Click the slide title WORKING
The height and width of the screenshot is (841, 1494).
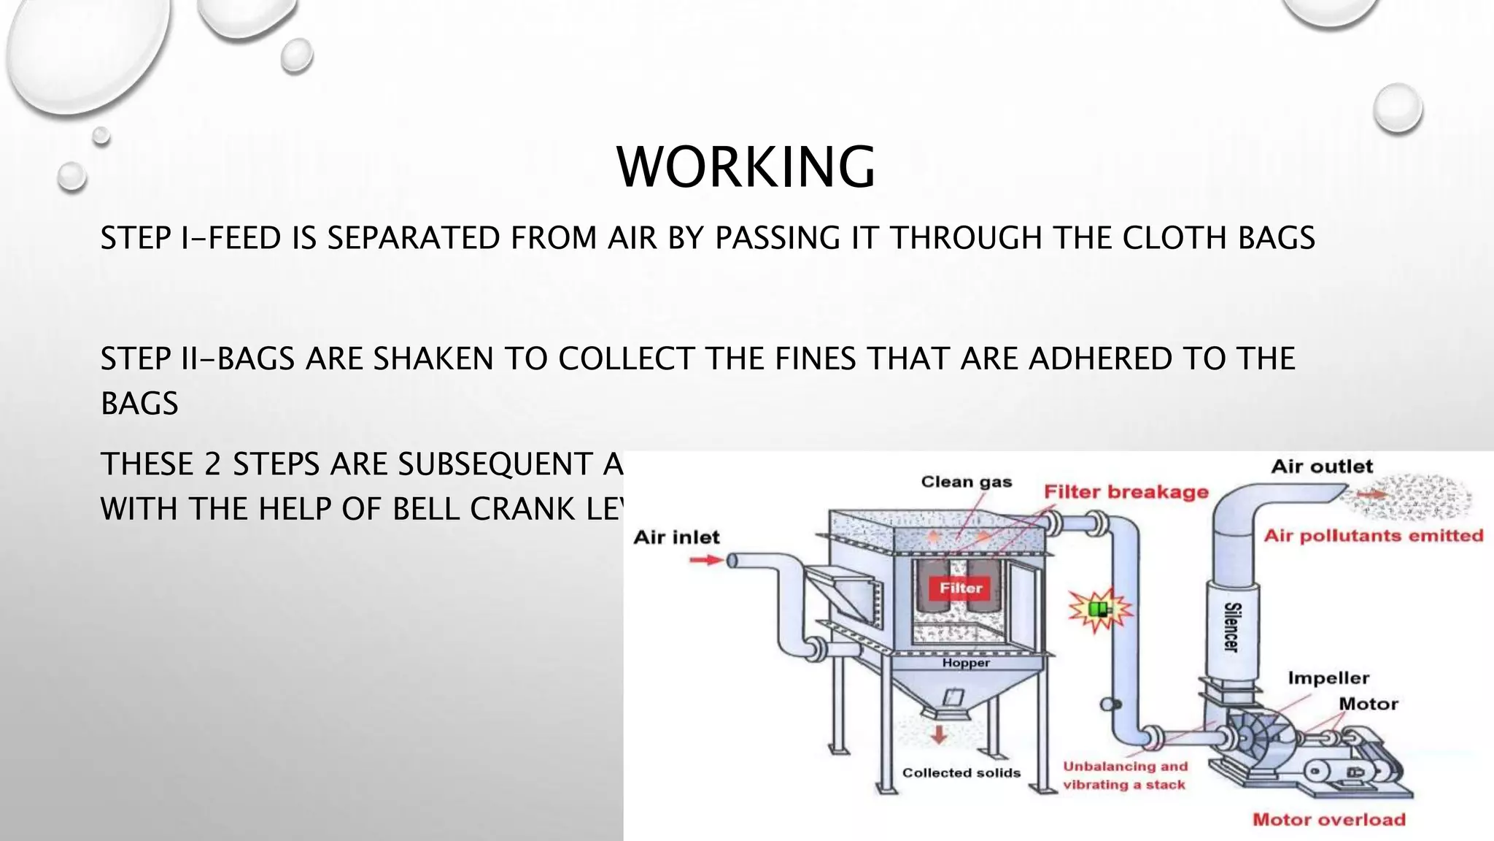(746, 167)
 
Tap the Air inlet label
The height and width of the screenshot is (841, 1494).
(676, 537)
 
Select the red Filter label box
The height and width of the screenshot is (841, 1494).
(961, 588)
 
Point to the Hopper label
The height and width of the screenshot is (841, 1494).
(966, 663)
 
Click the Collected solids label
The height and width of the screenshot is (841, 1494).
(961, 772)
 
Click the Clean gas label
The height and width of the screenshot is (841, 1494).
(967, 482)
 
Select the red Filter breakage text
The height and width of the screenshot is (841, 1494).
(1126, 492)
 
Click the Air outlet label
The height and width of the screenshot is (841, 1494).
(1322, 466)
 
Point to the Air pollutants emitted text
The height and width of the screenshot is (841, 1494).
(1374, 536)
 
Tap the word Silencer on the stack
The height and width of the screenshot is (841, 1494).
(1231, 627)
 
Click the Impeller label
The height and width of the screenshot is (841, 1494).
(1328, 678)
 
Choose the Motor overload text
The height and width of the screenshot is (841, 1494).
(1329, 819)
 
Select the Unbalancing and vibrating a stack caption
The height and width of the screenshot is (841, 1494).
(1125, 775)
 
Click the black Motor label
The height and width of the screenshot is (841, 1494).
(1369, 704)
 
